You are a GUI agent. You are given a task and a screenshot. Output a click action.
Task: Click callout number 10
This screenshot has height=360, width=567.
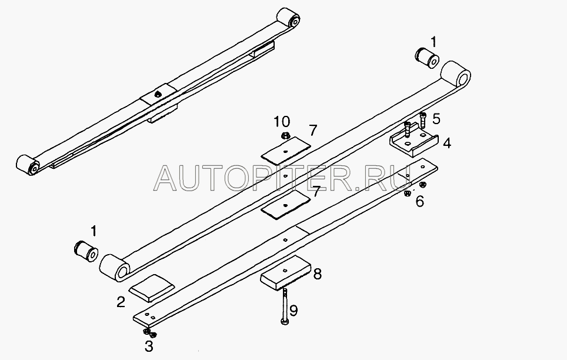pos(281,122)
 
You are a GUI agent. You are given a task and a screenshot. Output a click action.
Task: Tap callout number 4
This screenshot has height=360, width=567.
pos(447,144)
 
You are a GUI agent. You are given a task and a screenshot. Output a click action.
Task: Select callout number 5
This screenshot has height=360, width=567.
pos(436,118)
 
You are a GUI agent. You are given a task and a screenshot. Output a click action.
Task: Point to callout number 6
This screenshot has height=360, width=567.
pos(419,201)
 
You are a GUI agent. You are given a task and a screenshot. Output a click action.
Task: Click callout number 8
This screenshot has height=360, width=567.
pos(317,274)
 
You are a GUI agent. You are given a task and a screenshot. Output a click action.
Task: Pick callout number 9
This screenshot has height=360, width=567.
pos(293,311)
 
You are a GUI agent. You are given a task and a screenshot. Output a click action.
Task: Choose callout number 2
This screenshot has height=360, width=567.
pos(121,302)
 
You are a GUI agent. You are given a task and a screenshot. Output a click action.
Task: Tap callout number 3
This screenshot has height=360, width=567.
pos(149,346)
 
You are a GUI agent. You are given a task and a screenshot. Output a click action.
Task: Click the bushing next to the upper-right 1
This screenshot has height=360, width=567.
pos(426,58)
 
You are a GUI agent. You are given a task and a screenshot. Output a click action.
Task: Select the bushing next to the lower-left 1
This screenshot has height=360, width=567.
pos(86,251)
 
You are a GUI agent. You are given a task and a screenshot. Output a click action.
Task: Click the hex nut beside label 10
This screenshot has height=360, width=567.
pos(285,136)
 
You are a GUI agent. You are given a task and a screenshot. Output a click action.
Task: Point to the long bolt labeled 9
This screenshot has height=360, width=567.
pos(285,305)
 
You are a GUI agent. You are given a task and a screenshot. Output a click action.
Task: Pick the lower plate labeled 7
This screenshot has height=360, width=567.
pos(286,205)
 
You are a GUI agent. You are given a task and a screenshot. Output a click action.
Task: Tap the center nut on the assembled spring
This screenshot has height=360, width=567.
pos(157,95)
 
